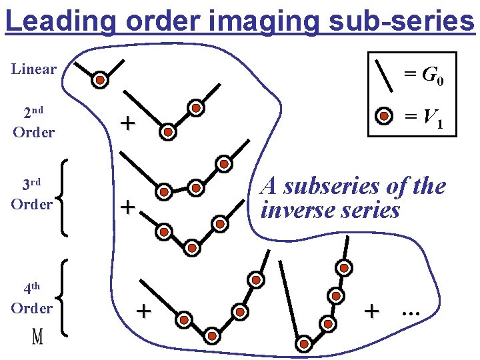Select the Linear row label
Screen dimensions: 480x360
[x=34, y=69]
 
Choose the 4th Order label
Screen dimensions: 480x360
[x=31, y=298]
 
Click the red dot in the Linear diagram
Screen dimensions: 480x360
[x=99, y=80]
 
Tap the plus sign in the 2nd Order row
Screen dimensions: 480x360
[x=127, y=123]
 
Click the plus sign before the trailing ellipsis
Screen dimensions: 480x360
[x=372, y=310]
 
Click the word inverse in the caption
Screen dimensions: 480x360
[x=299, y=210]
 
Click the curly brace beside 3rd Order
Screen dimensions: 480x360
[x=63, y=197]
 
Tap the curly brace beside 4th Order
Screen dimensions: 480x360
[x=63, y=297]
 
